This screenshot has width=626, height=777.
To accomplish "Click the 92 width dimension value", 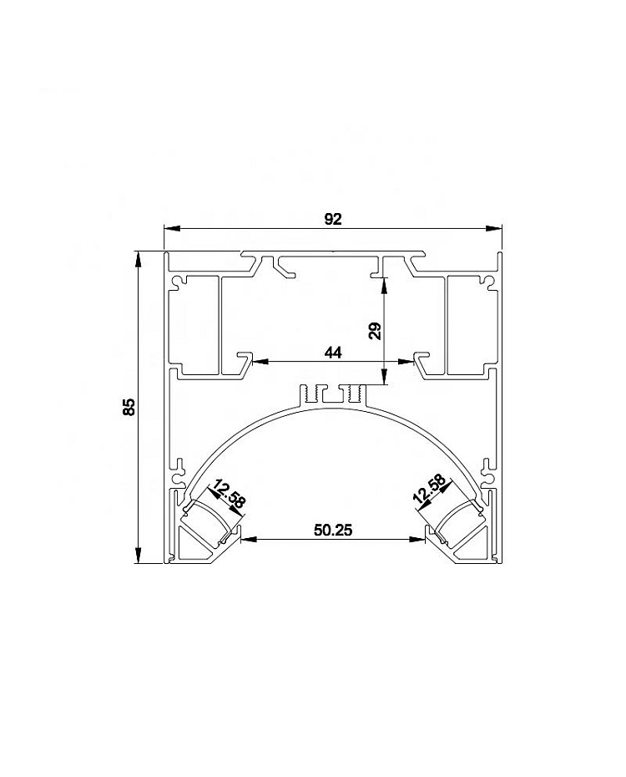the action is pos(333,219).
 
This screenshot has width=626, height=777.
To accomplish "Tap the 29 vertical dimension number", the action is pos(376,331).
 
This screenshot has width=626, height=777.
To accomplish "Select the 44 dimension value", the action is pos(333,353).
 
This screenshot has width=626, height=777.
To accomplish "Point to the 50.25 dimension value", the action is pos(333,531).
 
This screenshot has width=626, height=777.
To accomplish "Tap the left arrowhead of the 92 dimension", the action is pos(171,228).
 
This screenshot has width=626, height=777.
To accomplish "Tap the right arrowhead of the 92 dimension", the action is pos(493,228).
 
